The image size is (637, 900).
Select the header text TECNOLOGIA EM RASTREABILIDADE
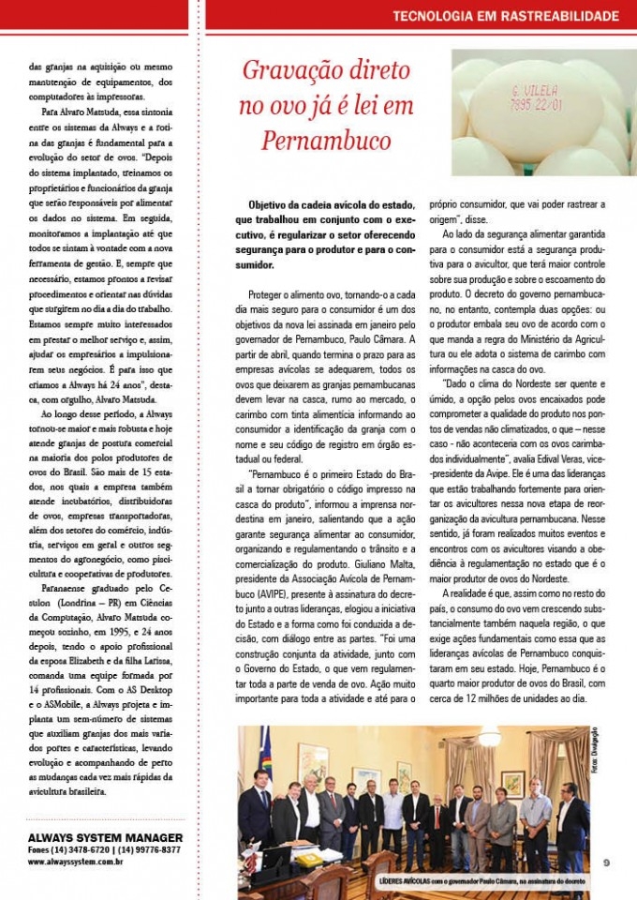pos(505,16)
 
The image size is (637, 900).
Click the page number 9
pos(606,863)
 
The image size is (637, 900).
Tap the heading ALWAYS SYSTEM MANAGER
pos(105,837)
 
